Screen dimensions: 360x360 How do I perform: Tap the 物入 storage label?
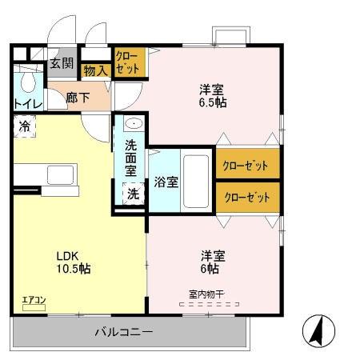[x=95, y=71]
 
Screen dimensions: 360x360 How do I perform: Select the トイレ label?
[x=27, y=103]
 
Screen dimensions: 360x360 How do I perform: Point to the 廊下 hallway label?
[x=78, y=97]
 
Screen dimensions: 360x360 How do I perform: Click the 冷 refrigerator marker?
[x=25, y=126]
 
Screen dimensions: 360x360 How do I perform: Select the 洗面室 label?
[x=131, y=158]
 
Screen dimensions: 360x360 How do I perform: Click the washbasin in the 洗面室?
[x=133, y=125]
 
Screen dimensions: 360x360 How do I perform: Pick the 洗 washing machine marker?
[x=132, y=194]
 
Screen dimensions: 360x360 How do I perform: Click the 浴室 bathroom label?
[x=166, y=180]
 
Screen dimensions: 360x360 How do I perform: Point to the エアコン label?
[x=34, y=301]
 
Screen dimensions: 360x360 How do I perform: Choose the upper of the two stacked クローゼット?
[x=247, y=165]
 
